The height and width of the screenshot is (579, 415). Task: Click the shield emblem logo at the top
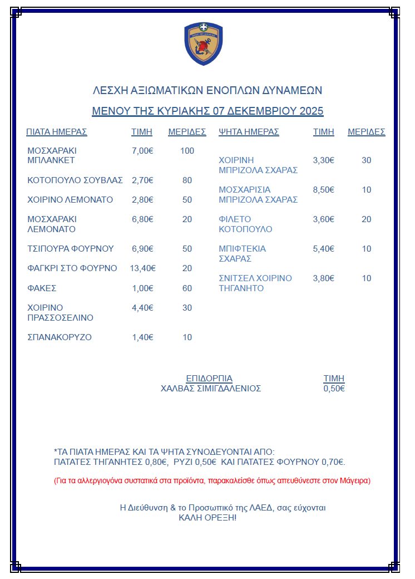click(203, 43)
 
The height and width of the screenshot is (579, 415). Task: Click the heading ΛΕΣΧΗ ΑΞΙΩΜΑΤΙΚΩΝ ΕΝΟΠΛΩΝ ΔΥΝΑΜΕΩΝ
click(207, 91)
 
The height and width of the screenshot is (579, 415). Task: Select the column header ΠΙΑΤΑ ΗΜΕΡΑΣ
click(57, 132)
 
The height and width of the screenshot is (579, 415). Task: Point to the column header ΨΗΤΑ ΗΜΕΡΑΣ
click(249, 132)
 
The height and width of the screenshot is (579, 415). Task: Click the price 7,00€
click(142, 151)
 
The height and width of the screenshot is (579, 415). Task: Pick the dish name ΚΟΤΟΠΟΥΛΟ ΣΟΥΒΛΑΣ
click(75, 180)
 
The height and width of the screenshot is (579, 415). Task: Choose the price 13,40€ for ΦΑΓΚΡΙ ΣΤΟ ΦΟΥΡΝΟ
click(142, 268)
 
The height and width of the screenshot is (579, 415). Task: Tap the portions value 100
click(187, 151)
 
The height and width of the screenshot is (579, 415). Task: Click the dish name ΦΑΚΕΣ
click(42, 288)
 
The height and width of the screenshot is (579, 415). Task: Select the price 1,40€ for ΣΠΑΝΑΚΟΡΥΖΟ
click(142, 337)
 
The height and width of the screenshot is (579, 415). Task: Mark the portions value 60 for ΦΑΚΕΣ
click(187, 288)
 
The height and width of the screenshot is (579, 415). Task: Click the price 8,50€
click(324, 190)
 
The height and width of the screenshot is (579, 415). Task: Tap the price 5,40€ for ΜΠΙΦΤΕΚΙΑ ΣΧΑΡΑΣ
click(324, 249)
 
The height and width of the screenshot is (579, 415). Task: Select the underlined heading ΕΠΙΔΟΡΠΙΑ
click(209, 379)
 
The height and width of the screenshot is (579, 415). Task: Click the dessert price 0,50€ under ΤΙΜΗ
click(334, 389)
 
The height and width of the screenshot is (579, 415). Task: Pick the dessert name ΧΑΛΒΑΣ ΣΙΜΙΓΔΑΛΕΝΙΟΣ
click(211, 389)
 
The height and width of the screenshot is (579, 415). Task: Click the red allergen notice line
click(212, 480)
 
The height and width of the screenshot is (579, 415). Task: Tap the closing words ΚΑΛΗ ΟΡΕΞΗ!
click(207, 518)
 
